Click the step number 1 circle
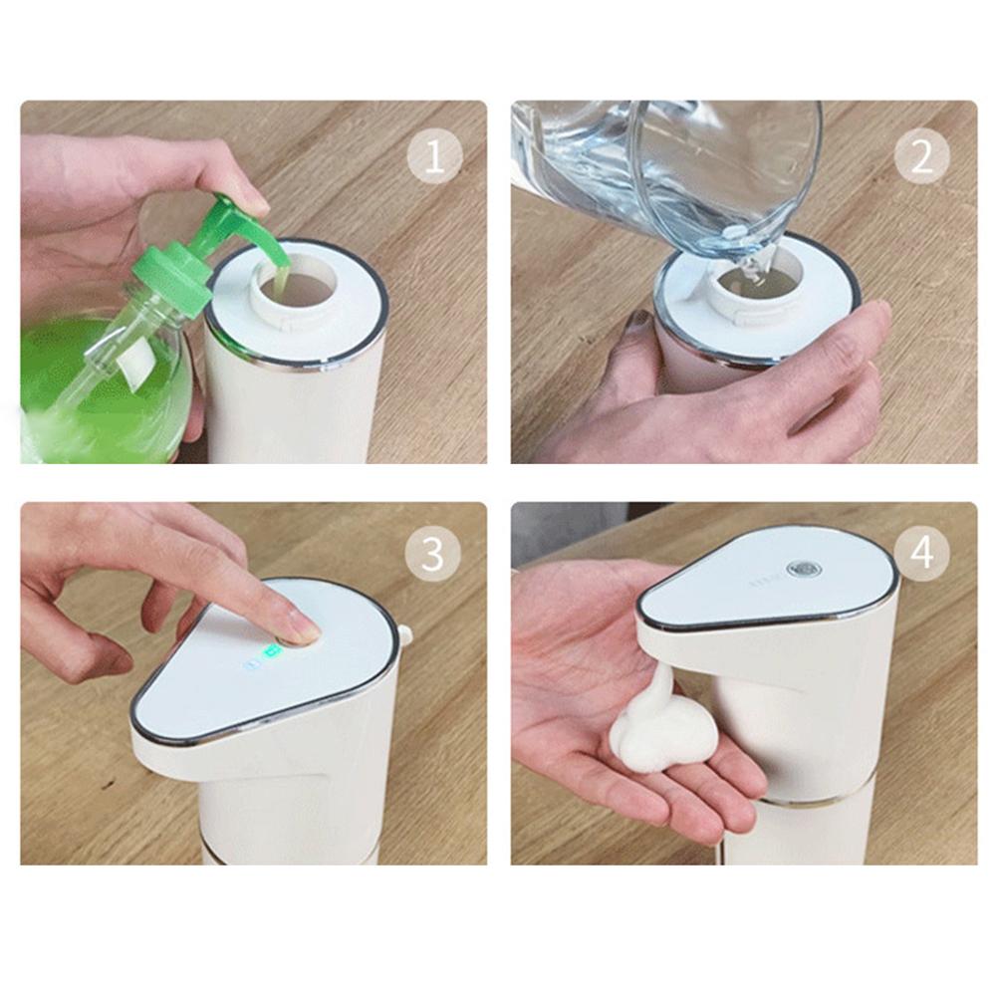pyautogui.click(x=434, y=156)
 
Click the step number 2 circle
pyautogui.click(x=921, y=156)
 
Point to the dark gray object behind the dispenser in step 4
pyautogui.click(x=568, y=533)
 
